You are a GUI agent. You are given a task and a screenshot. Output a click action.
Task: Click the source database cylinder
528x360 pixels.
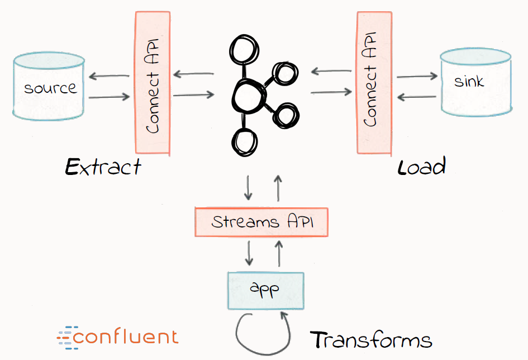tap(49, 88)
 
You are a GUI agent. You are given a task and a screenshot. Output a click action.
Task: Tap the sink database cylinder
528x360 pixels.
tap(475, 82)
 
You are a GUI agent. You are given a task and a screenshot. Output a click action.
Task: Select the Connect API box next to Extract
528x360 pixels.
tap(153, 83)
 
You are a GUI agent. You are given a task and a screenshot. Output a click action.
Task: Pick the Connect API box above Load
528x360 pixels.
tap(374, 83)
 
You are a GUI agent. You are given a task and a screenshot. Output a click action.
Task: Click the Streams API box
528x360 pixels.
tap(261, 222)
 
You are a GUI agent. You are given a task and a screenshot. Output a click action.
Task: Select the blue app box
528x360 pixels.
tap(265, 290)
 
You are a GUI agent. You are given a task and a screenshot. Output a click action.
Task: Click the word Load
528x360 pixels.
tap(421, 167)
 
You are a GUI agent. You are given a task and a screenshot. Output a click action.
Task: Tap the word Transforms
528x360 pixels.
tap(371, 340)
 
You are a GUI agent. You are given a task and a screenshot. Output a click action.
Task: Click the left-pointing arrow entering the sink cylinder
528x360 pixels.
tap(416, 96)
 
